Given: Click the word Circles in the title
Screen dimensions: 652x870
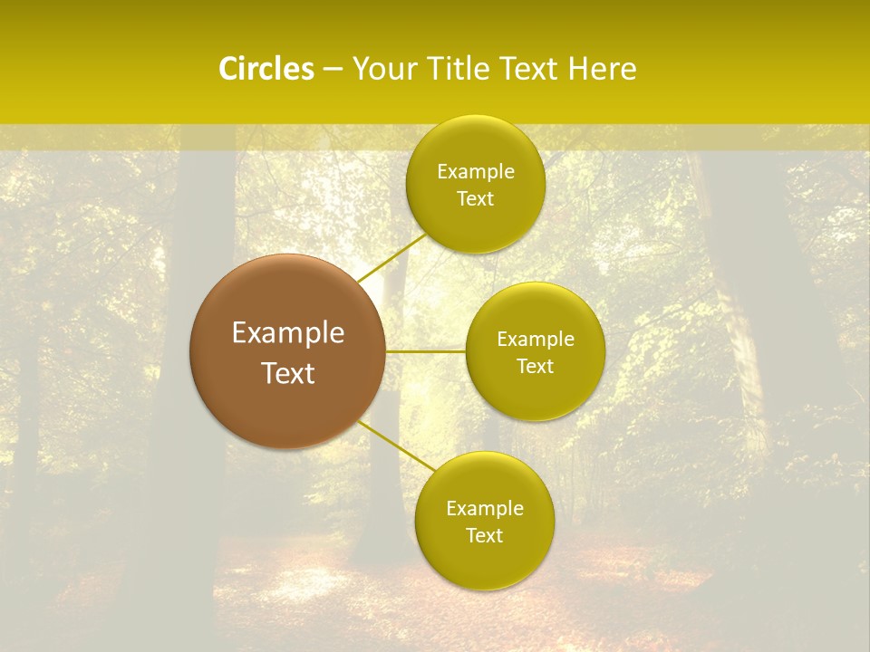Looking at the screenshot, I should click(x=266, y=69).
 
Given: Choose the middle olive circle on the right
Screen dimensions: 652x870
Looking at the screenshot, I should click(x=536, y=389).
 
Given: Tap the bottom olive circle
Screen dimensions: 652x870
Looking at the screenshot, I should click(x=484, y=561).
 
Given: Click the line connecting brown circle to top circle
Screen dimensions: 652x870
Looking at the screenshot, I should click(x=391, y=257).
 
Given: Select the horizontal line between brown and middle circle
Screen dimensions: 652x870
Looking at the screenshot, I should click(x=426, y=351).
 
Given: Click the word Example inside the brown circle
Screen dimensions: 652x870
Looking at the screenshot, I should click(x=287, y=333).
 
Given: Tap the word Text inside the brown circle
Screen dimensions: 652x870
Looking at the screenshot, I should click(x=287, y=373).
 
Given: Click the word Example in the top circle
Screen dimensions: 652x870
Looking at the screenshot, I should click(x=475, y=172).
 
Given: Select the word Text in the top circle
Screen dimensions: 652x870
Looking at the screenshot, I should click(x=475, y=199).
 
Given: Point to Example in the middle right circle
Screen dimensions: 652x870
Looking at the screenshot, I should click(x=536, y=340).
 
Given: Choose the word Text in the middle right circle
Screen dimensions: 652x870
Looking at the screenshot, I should click(x=536, y=367).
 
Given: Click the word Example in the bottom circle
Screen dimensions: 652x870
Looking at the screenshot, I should click(x=484, y=509).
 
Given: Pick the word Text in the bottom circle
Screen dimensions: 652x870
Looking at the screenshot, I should click(x=484, y=536).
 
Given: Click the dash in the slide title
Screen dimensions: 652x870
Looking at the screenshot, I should click(x=333, y=70).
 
